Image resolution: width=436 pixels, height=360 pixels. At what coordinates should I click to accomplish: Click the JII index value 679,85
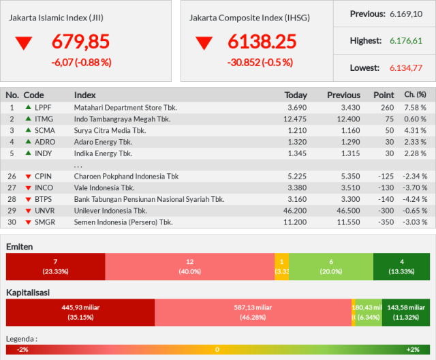(80, 42)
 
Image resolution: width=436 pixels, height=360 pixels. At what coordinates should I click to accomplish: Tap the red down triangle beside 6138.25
(204, 43)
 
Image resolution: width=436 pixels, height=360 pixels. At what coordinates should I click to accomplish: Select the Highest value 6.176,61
(406, 41)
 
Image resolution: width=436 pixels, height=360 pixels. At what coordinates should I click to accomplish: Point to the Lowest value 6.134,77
(406, 68)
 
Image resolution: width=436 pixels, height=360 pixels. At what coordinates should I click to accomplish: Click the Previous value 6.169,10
(406, 14)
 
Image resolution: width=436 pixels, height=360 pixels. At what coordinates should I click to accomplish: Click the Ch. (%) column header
(415, 95)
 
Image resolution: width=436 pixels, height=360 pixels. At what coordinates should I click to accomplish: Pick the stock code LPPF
(43, 108)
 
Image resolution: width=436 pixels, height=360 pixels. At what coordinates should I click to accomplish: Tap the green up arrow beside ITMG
(28, 119)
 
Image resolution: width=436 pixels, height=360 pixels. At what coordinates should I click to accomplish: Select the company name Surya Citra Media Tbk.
(110, 130)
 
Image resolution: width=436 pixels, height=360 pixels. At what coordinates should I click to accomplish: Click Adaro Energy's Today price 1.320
(297, 142)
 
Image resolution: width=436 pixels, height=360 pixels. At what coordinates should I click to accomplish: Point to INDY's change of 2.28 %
(415, 153)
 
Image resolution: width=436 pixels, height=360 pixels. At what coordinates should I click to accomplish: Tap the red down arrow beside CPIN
(28, 177)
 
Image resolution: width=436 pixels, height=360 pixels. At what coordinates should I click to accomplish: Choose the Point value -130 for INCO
(386, 187)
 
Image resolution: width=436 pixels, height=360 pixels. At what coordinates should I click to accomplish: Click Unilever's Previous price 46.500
(348, 211)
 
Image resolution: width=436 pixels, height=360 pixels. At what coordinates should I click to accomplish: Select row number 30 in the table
(12, 222)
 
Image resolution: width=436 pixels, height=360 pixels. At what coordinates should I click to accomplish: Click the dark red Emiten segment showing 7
(56, 267)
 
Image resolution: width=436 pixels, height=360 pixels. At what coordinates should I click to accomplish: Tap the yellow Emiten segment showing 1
(281, 267)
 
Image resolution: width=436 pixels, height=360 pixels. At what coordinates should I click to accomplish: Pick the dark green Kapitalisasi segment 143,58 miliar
(406, 312)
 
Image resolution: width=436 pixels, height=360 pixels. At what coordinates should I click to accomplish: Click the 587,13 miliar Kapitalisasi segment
(253, 312)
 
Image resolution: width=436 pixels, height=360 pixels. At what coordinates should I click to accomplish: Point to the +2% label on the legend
(413, 349)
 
